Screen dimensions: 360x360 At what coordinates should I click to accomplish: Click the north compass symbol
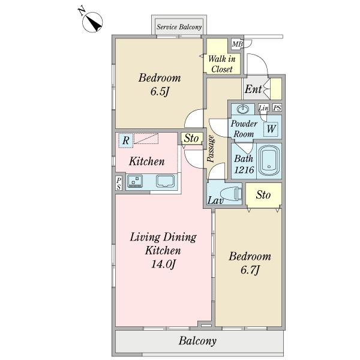click(x=92, y=22)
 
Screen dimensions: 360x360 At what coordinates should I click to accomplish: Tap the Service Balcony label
click(x=179, y=27)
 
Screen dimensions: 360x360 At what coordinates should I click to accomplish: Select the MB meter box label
click(x=237, y=44)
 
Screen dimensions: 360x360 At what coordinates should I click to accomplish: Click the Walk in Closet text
click(x=222, y=64)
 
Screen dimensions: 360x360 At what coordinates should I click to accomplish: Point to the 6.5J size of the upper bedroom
click(x=160, y=92)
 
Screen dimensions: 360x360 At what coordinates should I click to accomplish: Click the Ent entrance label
click(x=253, y=89)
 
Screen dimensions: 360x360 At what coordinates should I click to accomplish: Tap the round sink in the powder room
click(x=242, y=109)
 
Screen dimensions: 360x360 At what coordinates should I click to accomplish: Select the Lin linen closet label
click(x=263, y=107)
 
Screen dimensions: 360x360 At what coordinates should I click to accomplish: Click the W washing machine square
click(x=271, y=129)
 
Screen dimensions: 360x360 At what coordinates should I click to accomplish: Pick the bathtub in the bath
click(x=269, y=161)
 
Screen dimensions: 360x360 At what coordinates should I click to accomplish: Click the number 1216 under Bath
click(x=244, y=170)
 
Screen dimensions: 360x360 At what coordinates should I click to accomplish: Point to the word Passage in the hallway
click(x=211, y=149)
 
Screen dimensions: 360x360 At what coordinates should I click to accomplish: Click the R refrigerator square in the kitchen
click(x=125, y=140)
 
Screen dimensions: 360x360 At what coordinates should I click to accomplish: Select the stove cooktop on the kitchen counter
click(x=135, y=181)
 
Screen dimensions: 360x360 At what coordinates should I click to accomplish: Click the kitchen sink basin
click(x=166, y=181)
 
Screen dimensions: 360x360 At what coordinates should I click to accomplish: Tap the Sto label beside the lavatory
click(x=263, y=195)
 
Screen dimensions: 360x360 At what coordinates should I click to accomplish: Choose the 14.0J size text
click(x=163, y=264)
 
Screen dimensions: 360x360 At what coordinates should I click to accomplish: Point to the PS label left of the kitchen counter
click(x=118, y=184)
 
